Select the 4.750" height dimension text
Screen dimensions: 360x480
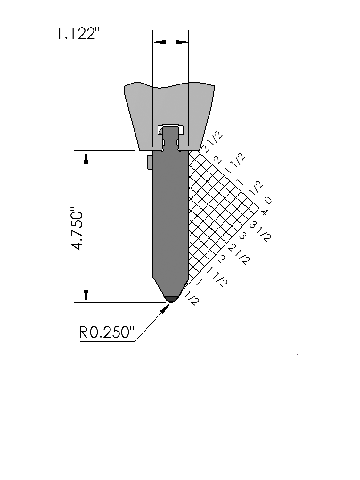[x=77, y=228]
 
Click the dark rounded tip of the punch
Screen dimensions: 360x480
[x=171, y=299]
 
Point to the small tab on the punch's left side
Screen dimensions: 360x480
[x=150, y=162]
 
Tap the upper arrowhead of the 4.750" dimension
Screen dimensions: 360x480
[x=86, y=157]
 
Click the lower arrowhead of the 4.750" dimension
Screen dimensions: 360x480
[x=86, y=296]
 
